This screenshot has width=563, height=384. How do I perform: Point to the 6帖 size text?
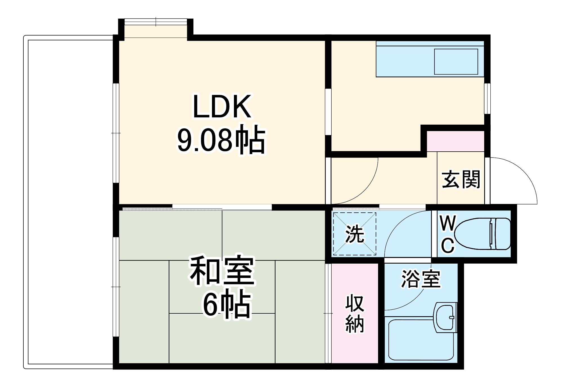pyautogui.click(x=227, y=305)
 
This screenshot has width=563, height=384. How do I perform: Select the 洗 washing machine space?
pyautogui.click(x=355, y=234)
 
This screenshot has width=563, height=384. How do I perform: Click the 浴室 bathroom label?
pyautogui.click(x=421, y=279)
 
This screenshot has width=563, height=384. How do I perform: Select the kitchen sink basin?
pyautogui.click(x=456, y=62)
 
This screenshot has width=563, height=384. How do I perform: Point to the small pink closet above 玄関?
pyautogui.click(x=455, y=141)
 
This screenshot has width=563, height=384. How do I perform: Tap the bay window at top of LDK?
pyautogui.click(x=156, y=28)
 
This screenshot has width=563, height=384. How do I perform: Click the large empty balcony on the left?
pyautogui.click(x=69, y=203)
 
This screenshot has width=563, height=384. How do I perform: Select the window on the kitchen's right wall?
pyautogui.click(x=487, y=98)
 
